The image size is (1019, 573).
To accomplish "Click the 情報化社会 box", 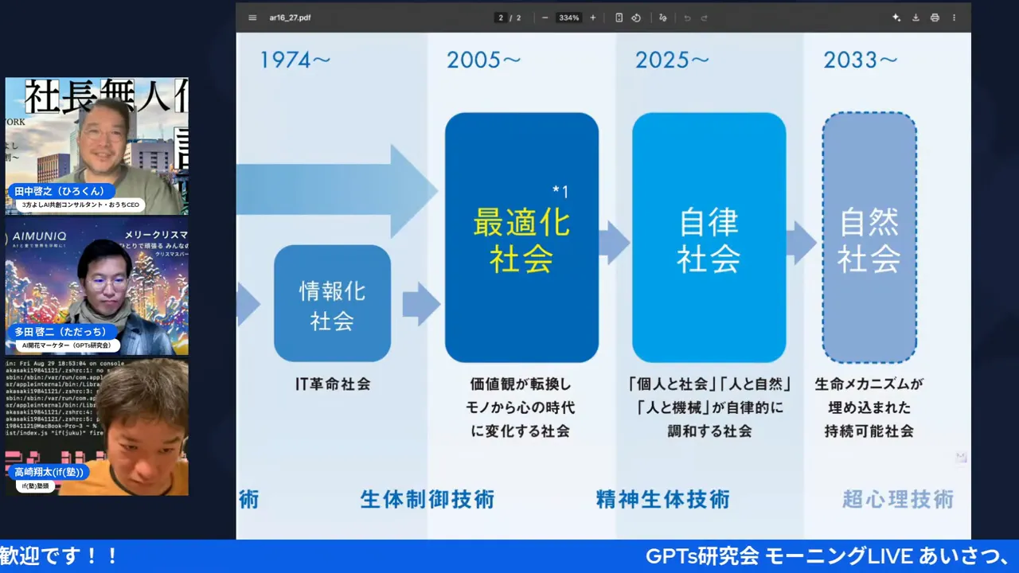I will point(332,304).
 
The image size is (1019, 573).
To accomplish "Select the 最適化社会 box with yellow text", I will point(521,237).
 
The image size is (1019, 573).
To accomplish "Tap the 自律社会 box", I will point(709,237).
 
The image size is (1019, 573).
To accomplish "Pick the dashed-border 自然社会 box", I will point(869,237).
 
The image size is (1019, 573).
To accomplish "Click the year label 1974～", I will point(295,60).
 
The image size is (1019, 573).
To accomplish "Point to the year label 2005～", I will point(484,60).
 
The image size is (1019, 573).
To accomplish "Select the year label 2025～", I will point(672,60).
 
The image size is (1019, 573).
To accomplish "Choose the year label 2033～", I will point(861,60).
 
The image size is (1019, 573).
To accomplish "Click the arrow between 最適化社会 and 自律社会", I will point(614,243).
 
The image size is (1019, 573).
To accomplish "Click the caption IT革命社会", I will point(333,384).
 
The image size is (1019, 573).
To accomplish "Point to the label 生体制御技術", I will point(428,500).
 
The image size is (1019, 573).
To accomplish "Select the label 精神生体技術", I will point(662,500).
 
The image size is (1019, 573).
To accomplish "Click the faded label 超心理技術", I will point(898,500).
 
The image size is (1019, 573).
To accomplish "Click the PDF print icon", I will point(935,18).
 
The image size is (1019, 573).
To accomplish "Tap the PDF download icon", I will point(916,18).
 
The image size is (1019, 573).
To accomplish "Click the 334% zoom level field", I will point(568,18).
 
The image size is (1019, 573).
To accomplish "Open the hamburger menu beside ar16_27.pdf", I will point(252,18).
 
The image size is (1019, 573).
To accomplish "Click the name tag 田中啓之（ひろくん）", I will point(61,191).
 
